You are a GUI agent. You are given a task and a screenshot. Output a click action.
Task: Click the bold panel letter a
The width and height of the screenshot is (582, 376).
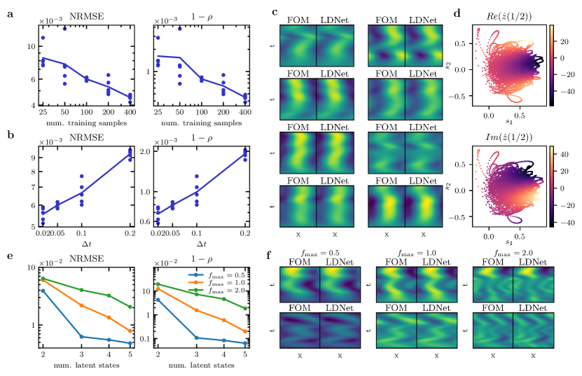click(10, 12)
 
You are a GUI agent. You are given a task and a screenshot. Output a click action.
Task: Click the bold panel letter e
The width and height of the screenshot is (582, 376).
click(10, 257)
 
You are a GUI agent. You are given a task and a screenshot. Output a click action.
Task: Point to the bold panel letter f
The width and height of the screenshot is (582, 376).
click(270, 257)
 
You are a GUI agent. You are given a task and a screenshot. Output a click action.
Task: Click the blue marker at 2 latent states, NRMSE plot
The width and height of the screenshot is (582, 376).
click(43, 291)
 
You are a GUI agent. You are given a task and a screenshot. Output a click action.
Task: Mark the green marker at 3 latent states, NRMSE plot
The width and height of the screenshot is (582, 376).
click(82, 290)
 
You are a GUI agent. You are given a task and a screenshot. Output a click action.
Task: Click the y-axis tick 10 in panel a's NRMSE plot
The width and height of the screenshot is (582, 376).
click(30, 47)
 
